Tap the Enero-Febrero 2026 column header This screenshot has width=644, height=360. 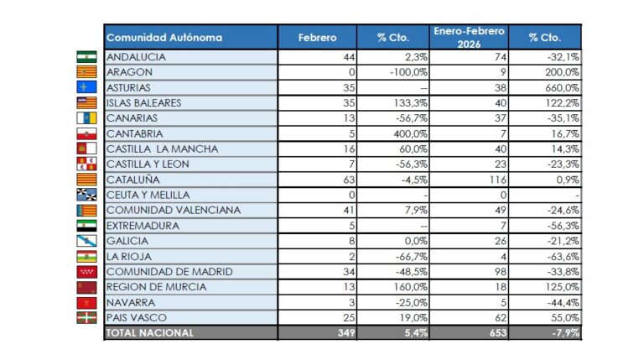pyautogui.click(x=469, y=37)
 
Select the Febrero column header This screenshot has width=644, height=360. pyautogui.click(x=318, y=37)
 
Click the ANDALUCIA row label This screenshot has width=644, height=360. pyautogui.click(x=136, y=57)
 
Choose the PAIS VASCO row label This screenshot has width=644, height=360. pyautogui.click(x=135, y=318)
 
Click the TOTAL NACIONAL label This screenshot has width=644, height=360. pyautogui.click(x=150, y=333)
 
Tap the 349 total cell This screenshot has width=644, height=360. pyautogui.click(x=345, y=333)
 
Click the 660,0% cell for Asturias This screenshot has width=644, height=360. pyautogui.click(x=561, y=87)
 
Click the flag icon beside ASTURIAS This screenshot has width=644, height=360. pyautogui.click(x=87, y=87)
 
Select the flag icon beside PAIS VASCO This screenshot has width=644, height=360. pyautogui.click(x=87, y=318)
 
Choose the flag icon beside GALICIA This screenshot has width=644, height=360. pyautogui.click(x=87, y=241)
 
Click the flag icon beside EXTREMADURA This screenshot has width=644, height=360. pyautogui.click(x=87, y=226)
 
